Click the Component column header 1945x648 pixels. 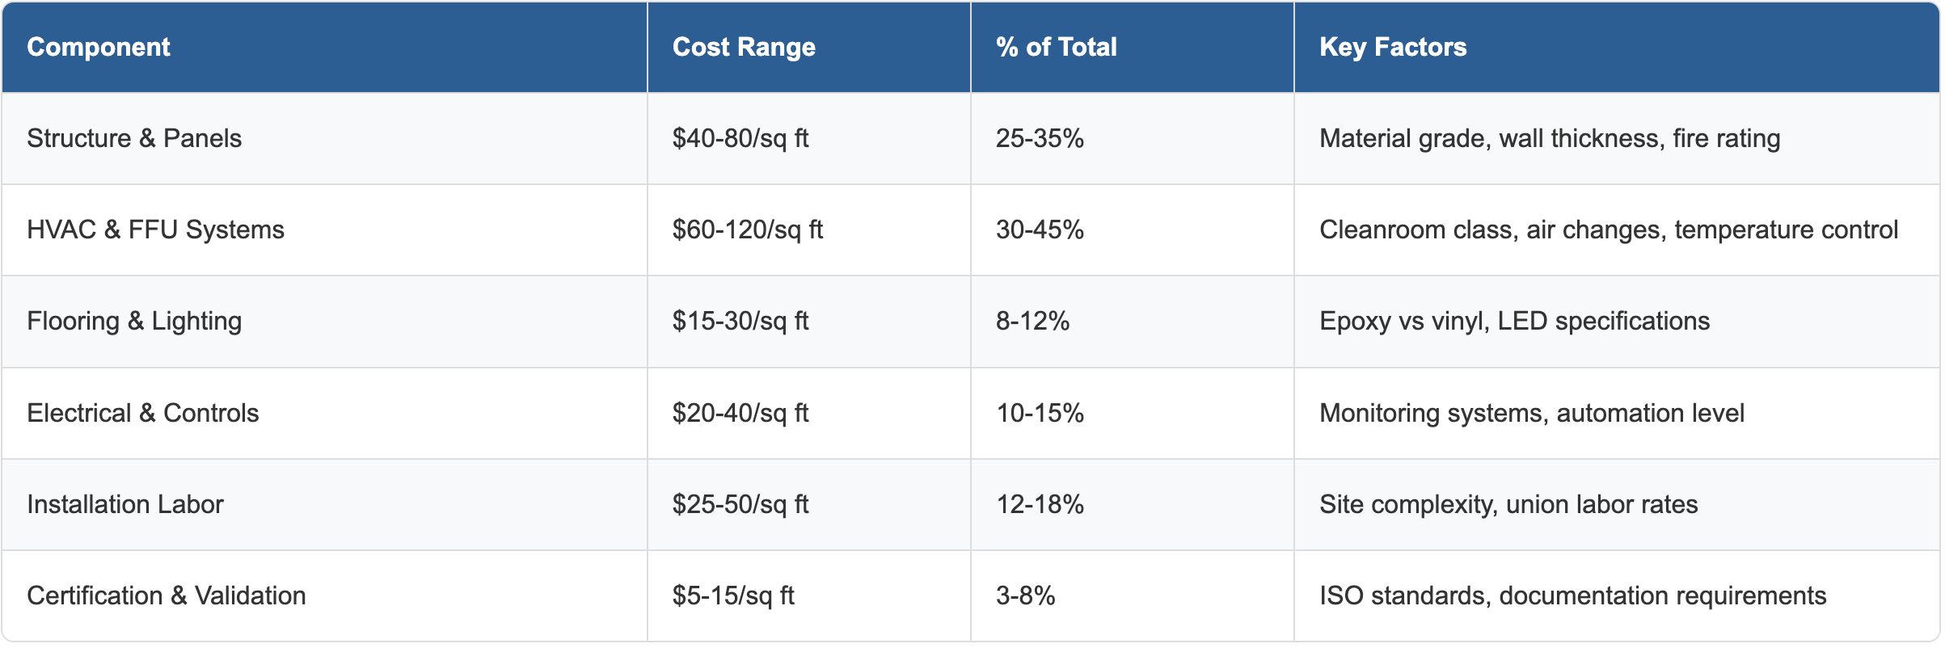pos(98,47)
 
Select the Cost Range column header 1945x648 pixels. pos(743,47)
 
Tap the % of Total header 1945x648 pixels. pos(1056,47)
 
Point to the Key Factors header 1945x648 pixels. pos(1392,47)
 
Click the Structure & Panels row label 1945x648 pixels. pos(134,138)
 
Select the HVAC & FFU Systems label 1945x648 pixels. pos(155,229)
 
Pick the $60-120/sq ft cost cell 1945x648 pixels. pos(747,229)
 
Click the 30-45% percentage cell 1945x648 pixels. pos(1040,229)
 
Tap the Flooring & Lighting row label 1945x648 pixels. pos(134,321)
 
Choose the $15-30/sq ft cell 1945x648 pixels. pos(740,321)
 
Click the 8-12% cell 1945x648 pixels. pos(1032,321)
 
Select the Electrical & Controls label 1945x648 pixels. pos(142,413)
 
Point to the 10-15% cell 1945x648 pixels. pos(1040,413)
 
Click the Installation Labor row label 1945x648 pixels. pos(124,504)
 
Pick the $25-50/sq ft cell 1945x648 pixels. pos(740,504)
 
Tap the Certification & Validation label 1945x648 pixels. pos(166,595)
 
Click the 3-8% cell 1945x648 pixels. pos(1025,595)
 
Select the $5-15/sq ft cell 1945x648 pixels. pos(732,595)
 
